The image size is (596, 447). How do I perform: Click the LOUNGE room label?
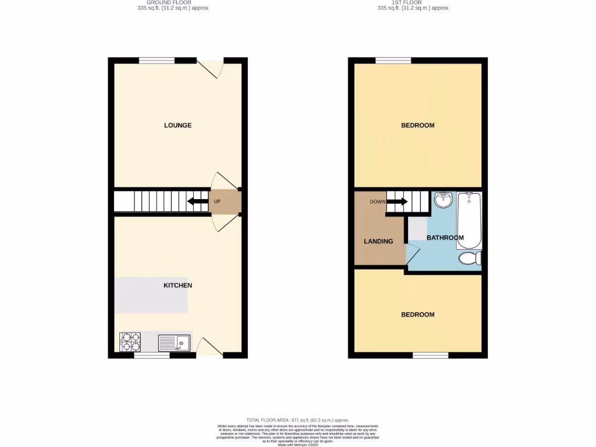click(x=178, y=126)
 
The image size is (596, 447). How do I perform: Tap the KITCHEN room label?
click(x=178, y=286)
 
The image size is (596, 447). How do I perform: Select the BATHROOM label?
click(x=445, y=238)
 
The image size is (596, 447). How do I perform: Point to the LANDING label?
click(x=378, y=242)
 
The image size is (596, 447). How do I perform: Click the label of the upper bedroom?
click(x=418, y=126)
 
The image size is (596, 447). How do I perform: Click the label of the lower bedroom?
click(x=418, y=315)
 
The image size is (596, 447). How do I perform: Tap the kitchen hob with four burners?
click(x=130, y=342)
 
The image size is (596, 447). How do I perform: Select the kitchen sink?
click(x=174, y=343)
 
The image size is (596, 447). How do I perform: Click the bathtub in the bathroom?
click(x=469, y=221)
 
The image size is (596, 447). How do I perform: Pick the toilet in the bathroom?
click(x=469, y=258)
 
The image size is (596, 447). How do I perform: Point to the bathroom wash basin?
click(x=444, y=200)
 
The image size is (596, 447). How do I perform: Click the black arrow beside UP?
click(x=197, y=202)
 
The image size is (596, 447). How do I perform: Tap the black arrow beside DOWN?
click(x=397, y=202)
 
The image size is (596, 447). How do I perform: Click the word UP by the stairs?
click(x=217, y=202)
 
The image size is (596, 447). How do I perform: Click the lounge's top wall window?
click(x=157, y=60)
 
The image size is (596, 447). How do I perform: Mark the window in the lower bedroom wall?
click(x=431, y=355)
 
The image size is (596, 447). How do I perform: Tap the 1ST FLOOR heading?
click(x=413, y=3)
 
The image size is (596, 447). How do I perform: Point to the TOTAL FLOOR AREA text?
click(x=297, y=420)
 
